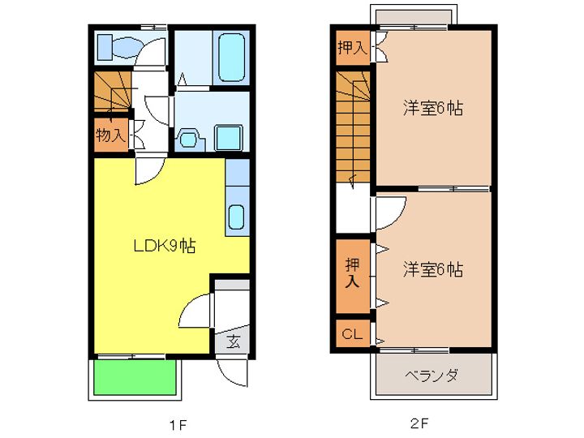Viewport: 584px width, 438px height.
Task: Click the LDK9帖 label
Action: [164, 245]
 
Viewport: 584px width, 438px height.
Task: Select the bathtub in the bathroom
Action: [232, 55]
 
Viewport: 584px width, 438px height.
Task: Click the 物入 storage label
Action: [110, 135]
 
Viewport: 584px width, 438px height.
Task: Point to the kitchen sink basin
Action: [236, 217]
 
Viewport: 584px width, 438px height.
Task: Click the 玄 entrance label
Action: [233, 341]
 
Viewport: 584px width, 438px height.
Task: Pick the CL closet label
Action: [351, 333]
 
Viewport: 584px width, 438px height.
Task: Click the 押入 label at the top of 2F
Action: [352, 48]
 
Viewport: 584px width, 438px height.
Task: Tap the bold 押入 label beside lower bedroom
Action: [352, 274]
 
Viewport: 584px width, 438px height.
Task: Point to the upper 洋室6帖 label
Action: [433, 108]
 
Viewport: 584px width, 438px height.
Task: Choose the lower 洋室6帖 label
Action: [433, 269]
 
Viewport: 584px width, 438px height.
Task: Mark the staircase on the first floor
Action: [112, 91]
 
